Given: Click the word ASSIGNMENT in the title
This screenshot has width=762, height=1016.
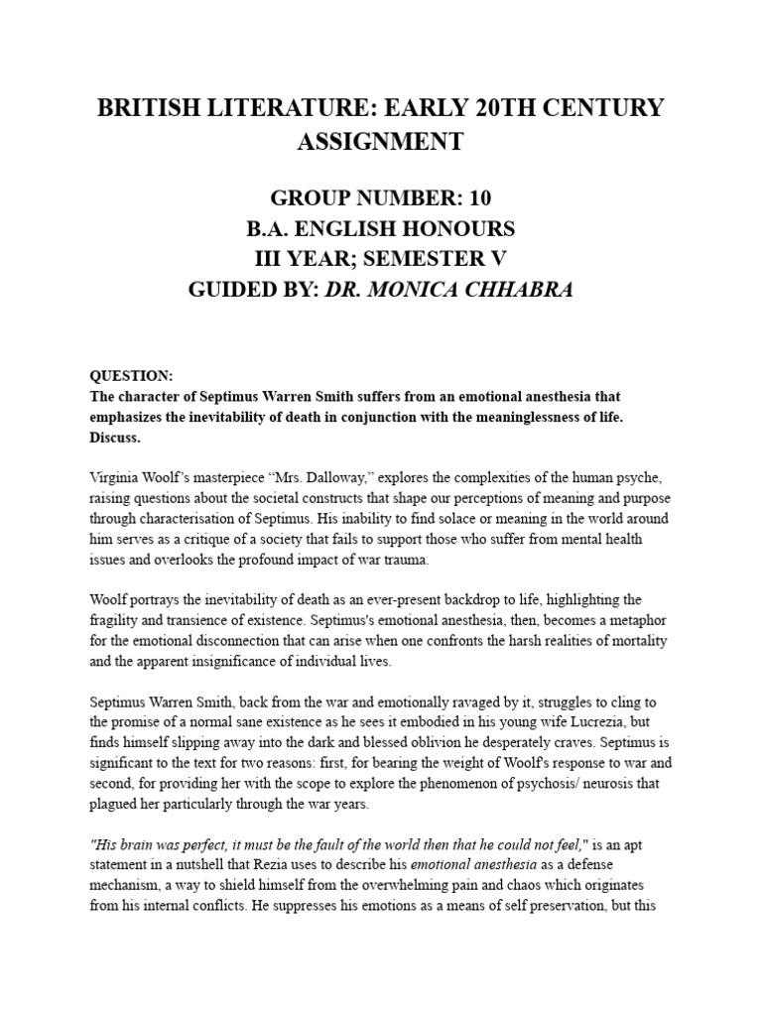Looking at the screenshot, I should point(380,142).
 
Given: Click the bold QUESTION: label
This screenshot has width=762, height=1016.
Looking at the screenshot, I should point(132,376).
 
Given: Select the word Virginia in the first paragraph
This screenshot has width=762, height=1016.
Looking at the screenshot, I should point(118,477).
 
